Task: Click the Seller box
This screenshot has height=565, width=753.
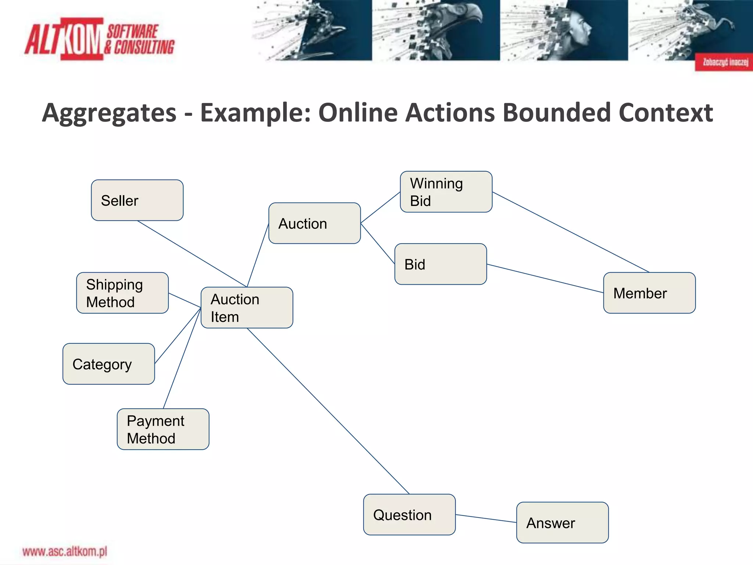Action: click(137, 200)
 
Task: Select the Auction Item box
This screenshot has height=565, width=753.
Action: click(247, 308)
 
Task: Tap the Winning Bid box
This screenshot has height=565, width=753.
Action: click(446, 192)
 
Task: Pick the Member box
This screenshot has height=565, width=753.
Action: click(649, 293)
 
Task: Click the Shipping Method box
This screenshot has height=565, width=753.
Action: click(122, 293)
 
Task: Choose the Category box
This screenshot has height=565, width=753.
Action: click(108, 364)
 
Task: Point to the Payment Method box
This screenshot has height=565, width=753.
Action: click(163, 429)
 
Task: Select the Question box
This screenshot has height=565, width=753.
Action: click(409, 514)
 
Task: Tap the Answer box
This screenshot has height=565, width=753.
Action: click(562, 522)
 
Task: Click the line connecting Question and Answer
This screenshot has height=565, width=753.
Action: click(486, 518)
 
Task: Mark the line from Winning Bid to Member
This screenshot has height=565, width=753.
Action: click(571, 232)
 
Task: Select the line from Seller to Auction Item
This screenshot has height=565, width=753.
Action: click(192, 254)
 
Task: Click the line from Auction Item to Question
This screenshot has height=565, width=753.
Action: click(328, 411)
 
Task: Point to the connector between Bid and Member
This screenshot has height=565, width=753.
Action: click(545, 278)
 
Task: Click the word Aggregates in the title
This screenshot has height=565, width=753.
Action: click(109, 113)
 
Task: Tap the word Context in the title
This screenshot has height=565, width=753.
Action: click(665, 113)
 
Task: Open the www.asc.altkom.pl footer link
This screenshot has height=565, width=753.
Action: click(65, 552)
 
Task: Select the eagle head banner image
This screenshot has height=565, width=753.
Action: click(436, 30)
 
